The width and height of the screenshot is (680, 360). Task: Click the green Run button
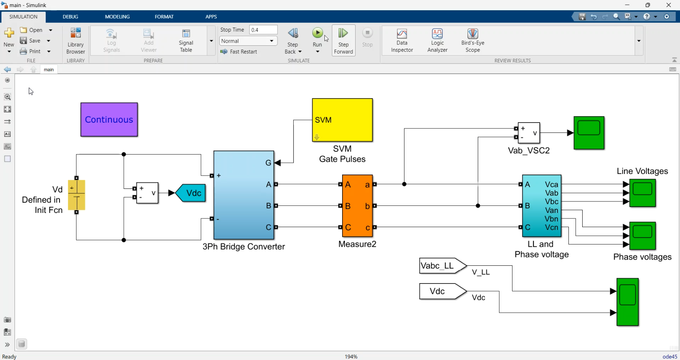pos(317,33)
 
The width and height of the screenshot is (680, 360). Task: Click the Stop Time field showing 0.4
pos(263,30)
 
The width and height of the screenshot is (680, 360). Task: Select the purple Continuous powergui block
pos(109,120)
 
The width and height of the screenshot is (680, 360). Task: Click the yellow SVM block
pos(342,120)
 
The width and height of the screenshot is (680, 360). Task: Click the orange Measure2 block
pos(357,206)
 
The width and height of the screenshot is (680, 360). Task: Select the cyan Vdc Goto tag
pos(191,193)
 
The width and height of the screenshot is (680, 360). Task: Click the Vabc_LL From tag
pos(441,266)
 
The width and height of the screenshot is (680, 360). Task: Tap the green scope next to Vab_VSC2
pos(589,133)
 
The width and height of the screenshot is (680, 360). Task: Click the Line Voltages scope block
pos(643,193)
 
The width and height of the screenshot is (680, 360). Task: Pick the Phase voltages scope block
pos(643,236)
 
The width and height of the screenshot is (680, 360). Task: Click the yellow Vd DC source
pos(76,195)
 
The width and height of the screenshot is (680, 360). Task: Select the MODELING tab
pos(117,17)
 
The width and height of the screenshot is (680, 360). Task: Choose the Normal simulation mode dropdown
pos(248,41)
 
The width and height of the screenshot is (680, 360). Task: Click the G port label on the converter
pos(268,163)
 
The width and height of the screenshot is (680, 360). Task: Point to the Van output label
pos(551,210)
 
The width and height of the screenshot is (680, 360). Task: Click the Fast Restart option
pos(239,52)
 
